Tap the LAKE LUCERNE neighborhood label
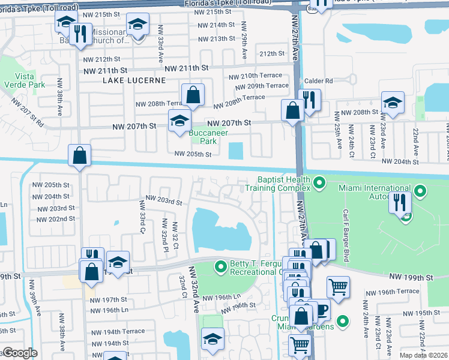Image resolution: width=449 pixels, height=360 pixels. point(128,80)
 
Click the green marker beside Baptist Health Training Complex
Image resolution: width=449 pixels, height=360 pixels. point(319,181)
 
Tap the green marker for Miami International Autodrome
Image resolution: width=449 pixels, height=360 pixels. point(421,192)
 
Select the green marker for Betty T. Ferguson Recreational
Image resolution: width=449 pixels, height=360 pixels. point(221,265)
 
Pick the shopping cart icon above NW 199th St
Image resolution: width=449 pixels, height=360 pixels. point(338,286)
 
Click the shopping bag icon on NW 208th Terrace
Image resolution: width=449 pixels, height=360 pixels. point(193,94)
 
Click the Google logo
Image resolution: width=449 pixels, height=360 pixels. point(20,353)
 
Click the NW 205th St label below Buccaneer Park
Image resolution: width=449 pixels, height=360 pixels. point(193,154)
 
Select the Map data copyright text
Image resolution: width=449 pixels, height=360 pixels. point(423,355)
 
